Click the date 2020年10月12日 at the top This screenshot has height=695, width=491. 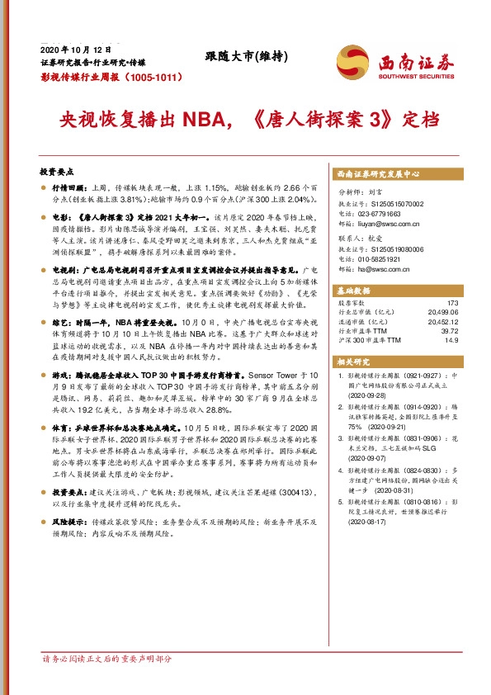point(75,48)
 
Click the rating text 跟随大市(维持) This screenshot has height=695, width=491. point(246,56)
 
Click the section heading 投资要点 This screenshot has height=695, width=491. point(56,171)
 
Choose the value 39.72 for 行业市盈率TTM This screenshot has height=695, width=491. point(458,331)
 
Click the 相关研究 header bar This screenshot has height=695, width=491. point(356,362)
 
